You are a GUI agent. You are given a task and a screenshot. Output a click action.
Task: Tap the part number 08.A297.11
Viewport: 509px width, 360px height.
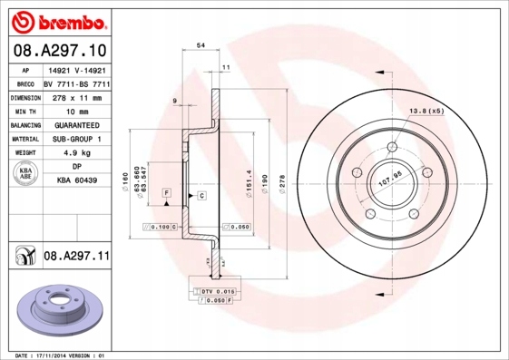(76, 258)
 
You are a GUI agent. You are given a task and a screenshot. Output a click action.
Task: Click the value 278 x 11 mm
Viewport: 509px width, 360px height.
(76, 95)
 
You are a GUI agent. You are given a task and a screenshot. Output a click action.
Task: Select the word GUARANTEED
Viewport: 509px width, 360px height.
(76, 124)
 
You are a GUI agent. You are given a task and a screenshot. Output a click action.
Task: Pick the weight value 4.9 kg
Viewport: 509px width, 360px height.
(76, 153)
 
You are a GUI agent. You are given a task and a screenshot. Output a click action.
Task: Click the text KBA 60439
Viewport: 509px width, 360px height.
(76, 181)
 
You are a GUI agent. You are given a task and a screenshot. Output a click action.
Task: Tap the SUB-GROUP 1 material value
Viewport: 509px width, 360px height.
(76, 139)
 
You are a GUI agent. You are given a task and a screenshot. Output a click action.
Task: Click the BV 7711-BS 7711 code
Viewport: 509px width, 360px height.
(76, 82)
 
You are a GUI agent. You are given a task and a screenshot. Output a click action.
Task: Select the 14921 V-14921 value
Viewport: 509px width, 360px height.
(76, 68)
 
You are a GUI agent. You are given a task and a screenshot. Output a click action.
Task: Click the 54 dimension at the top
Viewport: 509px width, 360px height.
(201, 44)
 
